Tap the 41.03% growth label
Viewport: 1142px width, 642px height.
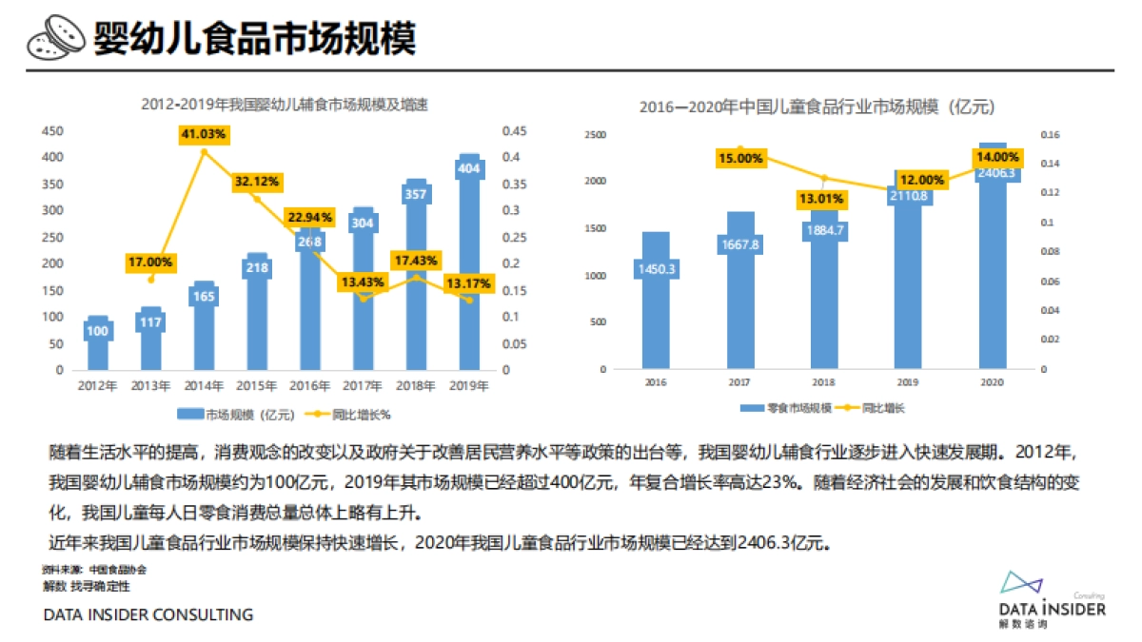tap(204, 135)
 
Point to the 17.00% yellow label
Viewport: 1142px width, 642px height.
tap(150, 262)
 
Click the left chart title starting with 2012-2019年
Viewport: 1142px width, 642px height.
tap(285, 105)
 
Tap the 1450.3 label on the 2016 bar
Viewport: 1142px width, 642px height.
tap(656, 269)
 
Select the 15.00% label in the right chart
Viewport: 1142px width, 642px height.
tap(739, 159)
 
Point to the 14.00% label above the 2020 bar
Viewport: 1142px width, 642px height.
tap(996, 157)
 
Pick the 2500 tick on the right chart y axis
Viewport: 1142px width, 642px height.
tap(596, 135)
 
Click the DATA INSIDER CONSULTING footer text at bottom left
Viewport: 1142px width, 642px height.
tap(148, 615)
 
